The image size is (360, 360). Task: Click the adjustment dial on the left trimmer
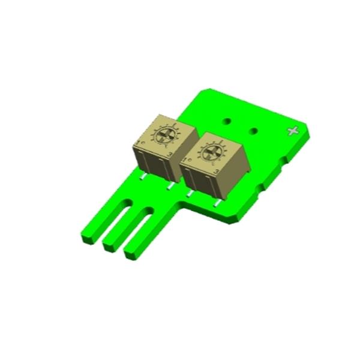162,136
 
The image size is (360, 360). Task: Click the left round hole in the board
227,121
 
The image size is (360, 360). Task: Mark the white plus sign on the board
293,131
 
